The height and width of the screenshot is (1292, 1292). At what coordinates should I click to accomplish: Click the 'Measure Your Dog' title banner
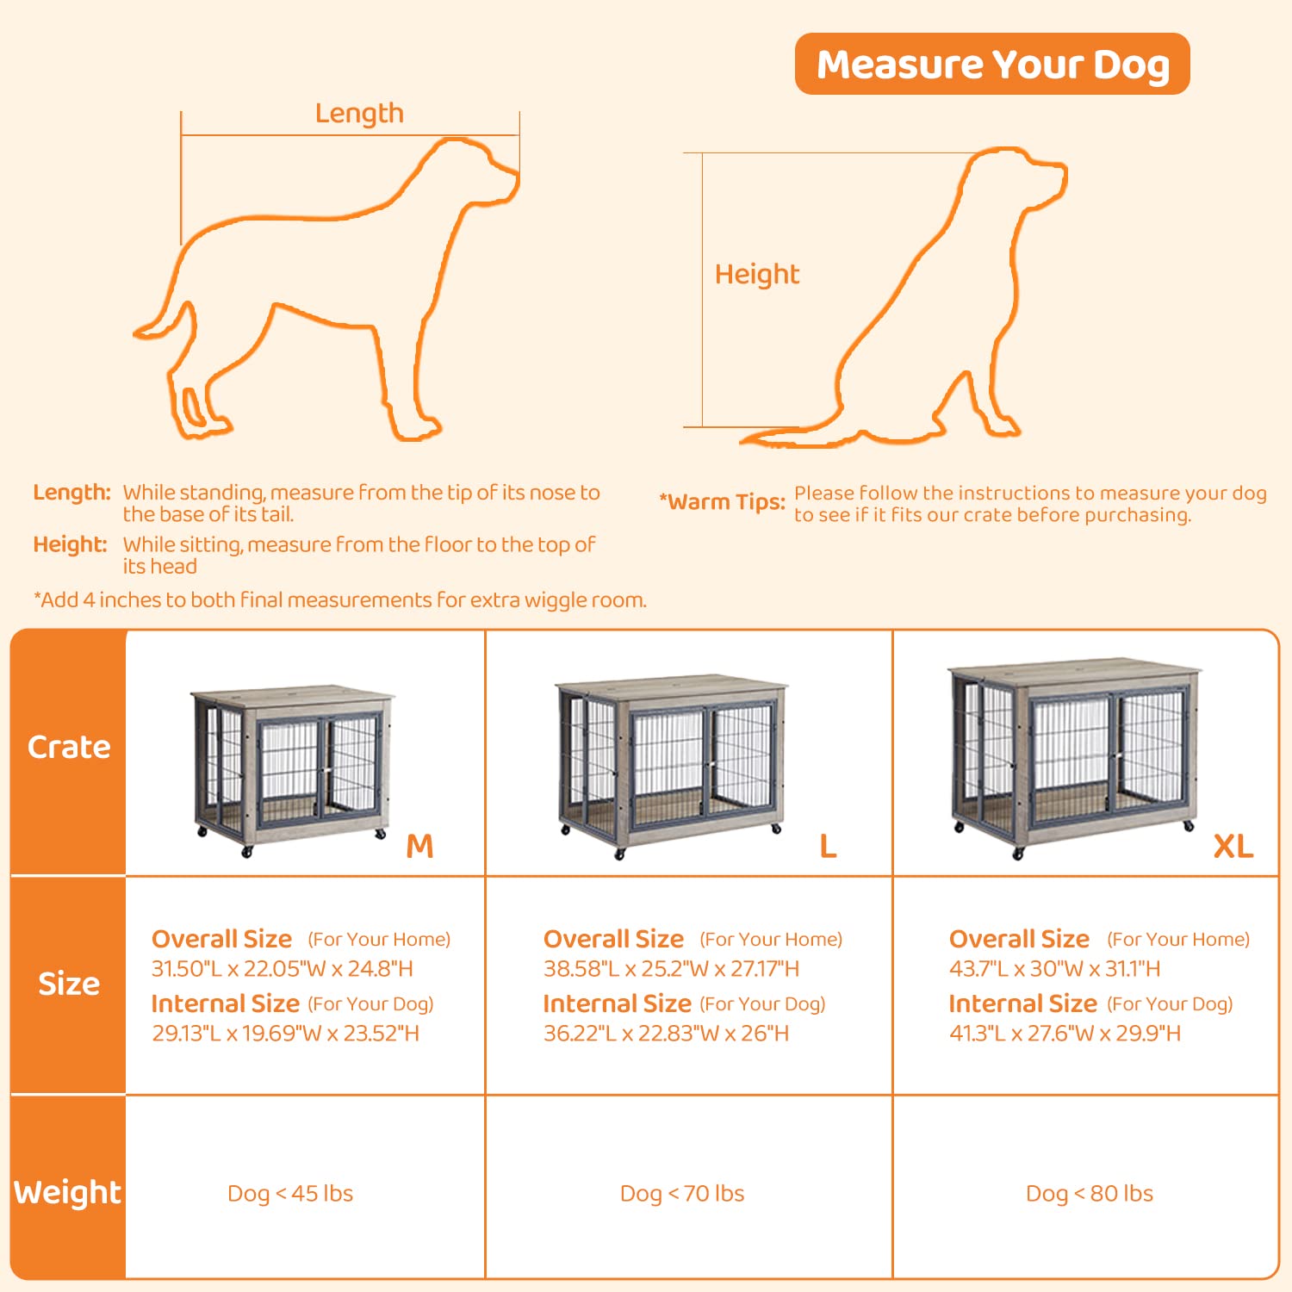tap(992, 65)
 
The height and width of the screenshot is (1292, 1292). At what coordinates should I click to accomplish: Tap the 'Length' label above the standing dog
tap(359, 114)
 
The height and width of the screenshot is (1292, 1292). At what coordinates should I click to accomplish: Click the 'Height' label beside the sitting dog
tap(756, 274)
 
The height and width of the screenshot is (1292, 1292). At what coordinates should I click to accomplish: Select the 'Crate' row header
tap(69, 748)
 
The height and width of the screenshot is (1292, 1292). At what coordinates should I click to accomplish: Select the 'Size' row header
tap(69, 984)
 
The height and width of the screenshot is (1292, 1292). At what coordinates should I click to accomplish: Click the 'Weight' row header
tap(67, 1192)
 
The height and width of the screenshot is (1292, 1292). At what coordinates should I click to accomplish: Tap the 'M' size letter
tap(419, 847)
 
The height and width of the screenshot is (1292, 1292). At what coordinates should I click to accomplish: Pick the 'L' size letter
tap(828, 847)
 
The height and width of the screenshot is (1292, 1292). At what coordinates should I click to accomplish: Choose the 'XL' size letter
tap(1233, 847)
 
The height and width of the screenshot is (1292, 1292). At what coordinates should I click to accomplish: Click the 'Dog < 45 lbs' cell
tap(290, 1194)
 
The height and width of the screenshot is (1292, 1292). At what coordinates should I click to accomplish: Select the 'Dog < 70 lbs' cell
tap(682, 1194)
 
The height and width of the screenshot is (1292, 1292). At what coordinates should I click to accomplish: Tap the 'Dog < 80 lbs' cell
tap(1089, 1194)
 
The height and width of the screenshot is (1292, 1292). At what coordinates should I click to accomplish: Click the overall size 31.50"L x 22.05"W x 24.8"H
tap(283, 969)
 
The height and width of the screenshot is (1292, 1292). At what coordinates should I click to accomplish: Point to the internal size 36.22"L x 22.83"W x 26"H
tap(666, 1034)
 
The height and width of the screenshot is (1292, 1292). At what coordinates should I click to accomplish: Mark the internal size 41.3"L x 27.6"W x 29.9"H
tap(1065, 1034)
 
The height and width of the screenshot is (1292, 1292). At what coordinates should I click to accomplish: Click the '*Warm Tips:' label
tap(723, 502)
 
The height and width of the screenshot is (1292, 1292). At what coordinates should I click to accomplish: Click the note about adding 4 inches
tap(340, 600)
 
